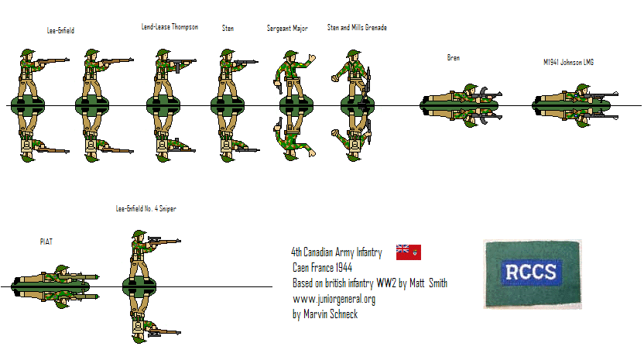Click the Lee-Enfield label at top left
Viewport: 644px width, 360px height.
[x=60, y=30]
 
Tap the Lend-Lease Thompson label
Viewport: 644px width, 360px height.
[x=170, y=27]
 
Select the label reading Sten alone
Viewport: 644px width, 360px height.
[x=228, y=28]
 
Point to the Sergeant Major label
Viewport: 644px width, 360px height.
[x=287, y=28]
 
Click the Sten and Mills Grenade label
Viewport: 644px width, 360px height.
[x=357, y=28]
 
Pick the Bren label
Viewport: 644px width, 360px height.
[x=454, y=57]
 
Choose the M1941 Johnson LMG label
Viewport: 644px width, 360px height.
[x=568, y=61]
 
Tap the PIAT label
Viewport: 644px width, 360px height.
[x=46, y=242]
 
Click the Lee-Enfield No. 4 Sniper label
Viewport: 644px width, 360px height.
[x=146, y=209]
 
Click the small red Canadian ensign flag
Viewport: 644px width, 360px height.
[x=408, y=252]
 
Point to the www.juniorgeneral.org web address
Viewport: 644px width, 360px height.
[x=334, y=299]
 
